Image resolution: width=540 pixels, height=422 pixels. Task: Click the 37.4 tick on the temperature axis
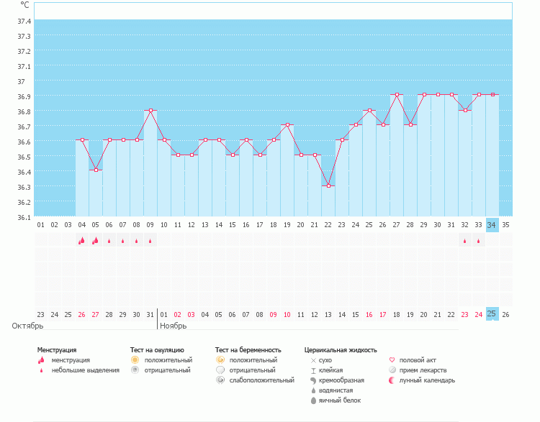tap(24, 21)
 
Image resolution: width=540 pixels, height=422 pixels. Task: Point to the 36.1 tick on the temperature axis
tap(24, 217)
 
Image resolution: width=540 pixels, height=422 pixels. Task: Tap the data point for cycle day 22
tap(328, 185)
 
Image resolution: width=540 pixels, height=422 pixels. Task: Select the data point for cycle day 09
tap(150, 110)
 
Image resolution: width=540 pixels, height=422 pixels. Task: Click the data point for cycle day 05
tap(96, 170)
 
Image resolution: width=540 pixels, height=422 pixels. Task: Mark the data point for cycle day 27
tap(397, 94)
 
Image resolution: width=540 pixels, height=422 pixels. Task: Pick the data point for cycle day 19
tap(287, 125)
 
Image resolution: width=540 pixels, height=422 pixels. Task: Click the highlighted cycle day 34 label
tap(492, 225)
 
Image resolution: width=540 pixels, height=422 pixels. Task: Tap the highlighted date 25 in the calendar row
tap(492, 314)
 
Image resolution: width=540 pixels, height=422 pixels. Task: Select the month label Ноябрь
tap(173, 326)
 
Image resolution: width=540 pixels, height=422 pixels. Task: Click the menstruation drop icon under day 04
tap(81, 241)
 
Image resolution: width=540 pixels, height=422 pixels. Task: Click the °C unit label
tap(25, 5)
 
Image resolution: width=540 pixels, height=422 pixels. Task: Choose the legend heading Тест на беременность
tap(248, 349)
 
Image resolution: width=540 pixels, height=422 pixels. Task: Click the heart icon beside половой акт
tap(392, 359)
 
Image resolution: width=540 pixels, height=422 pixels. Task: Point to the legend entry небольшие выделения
tap(85, 370)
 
